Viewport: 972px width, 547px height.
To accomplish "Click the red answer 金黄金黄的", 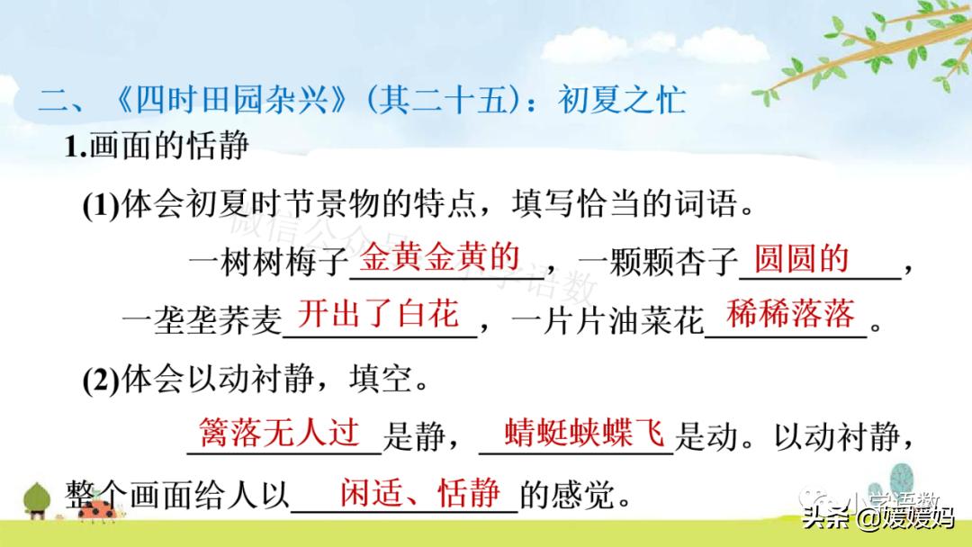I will [440, 258].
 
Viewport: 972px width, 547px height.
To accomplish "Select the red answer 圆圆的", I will [802, 258].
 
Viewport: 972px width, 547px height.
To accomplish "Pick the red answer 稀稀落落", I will [790, 314].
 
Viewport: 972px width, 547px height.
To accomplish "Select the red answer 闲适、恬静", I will [420, 492].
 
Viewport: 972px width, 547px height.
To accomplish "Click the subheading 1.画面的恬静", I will [157, 147].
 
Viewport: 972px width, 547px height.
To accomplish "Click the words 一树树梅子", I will [268, 263].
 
